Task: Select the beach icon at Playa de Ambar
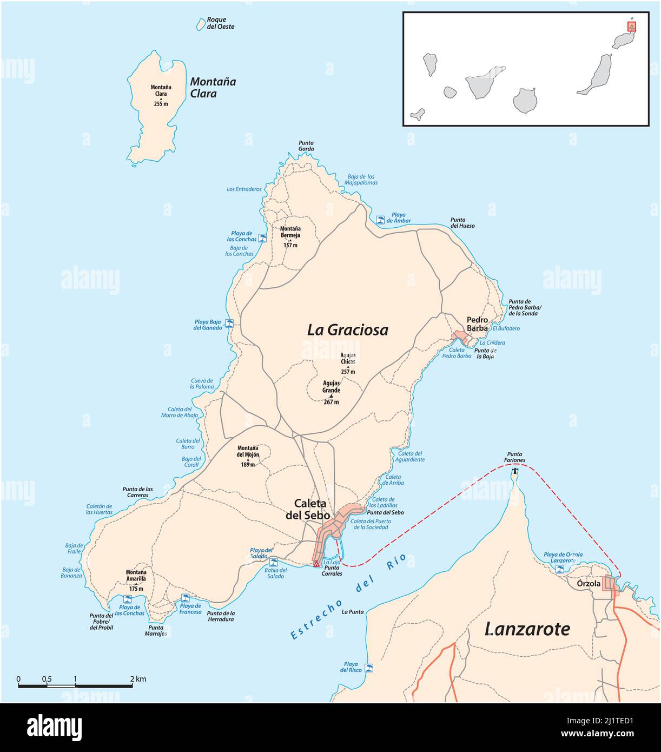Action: (x=381, y=220)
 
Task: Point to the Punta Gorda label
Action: (x=306, y=146)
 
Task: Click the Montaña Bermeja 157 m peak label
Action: (x=290, y=236)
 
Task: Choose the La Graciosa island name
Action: (x=347, y=330)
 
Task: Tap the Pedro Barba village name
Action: (x=477, y=324)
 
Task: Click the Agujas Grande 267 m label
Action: (x=331, y=392)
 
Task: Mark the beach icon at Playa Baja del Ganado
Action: (x=229, y=324)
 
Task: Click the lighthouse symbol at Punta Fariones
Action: (x=515, y=471)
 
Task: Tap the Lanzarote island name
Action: (x=527, y=629)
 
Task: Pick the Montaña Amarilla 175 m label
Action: (x=136, y=580)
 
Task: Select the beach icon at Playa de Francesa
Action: (x=185, y=598)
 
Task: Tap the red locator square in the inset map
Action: (x=631, y=26)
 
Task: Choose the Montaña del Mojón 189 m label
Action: (x=248, y=456)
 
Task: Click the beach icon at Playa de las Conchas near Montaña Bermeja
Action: (x=263, y=238)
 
